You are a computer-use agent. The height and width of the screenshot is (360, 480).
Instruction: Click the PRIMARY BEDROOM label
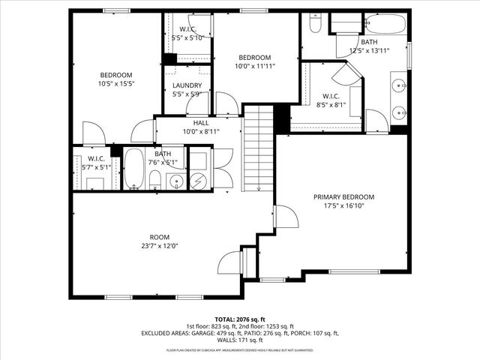tap(343, 196)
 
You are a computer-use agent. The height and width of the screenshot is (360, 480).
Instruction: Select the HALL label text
tap(201, 123)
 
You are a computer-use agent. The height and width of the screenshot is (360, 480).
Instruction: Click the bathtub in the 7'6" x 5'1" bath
tap(133, 170)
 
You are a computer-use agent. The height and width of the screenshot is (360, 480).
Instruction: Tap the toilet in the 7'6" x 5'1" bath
tap(154, 179)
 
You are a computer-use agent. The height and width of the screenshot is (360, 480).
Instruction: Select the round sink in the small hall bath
tap(175, 181)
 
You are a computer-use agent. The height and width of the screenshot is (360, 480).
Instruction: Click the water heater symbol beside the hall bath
tap(199, 180)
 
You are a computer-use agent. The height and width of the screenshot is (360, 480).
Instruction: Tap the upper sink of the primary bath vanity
tap(398, 85)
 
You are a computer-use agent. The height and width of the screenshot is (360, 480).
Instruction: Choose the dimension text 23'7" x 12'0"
tap(159, 245)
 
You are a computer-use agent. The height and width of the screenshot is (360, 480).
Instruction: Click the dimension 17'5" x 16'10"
tap(343, 205)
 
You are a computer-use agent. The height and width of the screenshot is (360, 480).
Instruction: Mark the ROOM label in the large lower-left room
tap(159, 236)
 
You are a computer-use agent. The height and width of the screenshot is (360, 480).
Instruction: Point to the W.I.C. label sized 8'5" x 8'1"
tap(331, 96)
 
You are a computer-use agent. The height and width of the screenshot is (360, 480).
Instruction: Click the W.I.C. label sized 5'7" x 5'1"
tap(95, 158)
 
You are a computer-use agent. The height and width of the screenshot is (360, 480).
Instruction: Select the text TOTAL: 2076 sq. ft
tap(240, 319)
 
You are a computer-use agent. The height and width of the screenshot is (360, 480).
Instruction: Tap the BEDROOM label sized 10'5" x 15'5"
tap(116, 75)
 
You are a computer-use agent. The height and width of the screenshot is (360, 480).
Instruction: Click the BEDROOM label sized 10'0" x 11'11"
tap(254, 58)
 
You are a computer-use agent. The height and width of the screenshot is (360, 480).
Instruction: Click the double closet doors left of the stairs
tap(221, 169)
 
